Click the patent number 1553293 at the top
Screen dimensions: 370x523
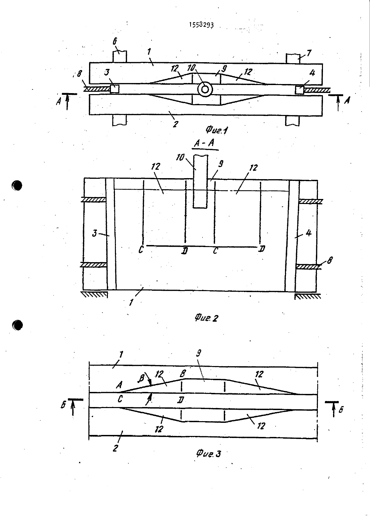click(x=201, y=25)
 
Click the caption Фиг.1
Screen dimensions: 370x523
click(x=216, y=130)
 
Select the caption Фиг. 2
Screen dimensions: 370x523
click(x=206, y=318)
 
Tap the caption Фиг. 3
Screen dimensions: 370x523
click(x=208, y=453)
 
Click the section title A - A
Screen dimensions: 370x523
click(x=205, y=143)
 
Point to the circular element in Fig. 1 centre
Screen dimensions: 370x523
click(x=205, y=89)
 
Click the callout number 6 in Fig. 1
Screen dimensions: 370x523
click(x=115, y=41)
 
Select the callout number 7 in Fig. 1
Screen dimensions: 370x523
click(x=309, y=53)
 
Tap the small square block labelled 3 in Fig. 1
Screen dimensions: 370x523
click(x=114, y=89)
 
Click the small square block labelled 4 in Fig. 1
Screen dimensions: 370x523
click(x=299, y=90)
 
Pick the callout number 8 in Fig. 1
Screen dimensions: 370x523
click(x=79, y=74)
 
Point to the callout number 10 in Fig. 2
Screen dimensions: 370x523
click(x=180, y=157)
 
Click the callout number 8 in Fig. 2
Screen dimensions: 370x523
click(x=330, y=260)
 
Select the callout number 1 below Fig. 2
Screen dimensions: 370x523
click(x=131, y=303)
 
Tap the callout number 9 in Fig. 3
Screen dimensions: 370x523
click(x=198, y=353)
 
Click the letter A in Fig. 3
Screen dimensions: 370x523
click(x=119, y=385)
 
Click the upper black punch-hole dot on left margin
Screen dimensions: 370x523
click(x=16, y=186)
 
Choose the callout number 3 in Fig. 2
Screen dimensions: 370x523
click(x=94, y=233)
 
